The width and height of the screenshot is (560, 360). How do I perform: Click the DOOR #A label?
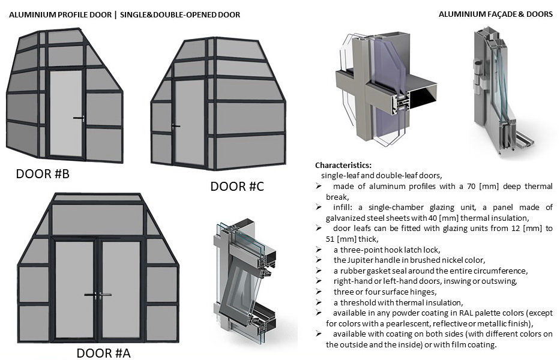tap(103, 353)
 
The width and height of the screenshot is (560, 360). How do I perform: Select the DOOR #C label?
tap(237, 187)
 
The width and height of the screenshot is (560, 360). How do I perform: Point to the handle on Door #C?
tap(175, 126)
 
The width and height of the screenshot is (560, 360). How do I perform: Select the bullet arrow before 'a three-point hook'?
tap(320, 249)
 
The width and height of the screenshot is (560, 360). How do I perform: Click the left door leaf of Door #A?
tap(75, 288)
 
